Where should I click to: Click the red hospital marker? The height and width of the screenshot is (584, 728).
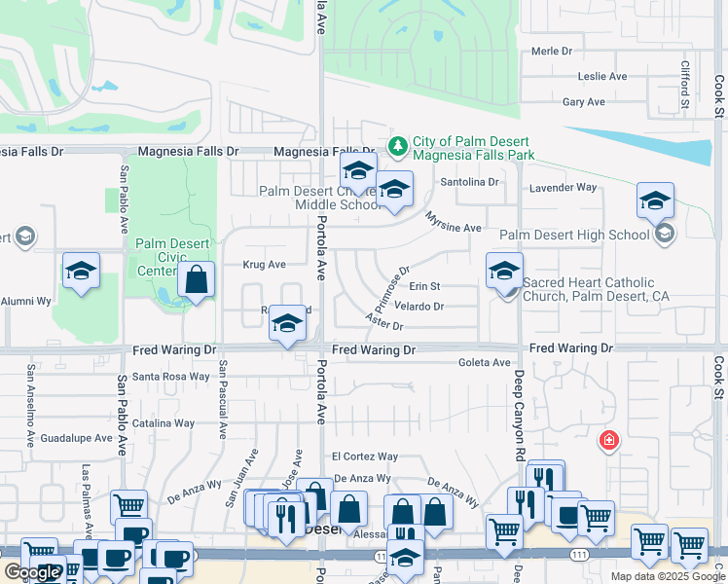coord(609,440)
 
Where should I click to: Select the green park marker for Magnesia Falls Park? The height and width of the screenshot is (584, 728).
coord(397,146)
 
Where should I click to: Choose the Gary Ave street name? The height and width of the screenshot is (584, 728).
coord(584,101)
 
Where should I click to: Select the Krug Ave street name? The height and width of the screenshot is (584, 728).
coord(264,264)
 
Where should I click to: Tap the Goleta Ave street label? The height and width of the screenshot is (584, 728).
coord(485,363)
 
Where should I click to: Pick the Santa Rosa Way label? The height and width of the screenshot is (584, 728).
coord(170,377)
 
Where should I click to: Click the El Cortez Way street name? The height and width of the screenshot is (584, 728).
coord(365,456)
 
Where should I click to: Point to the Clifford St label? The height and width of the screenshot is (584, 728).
coord(684,84)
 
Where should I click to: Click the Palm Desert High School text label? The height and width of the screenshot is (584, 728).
coord(574,235)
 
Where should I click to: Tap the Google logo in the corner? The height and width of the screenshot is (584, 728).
coord(32,572)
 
